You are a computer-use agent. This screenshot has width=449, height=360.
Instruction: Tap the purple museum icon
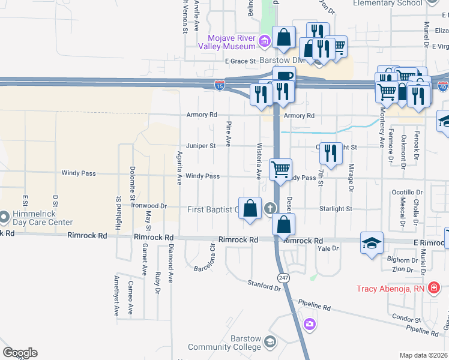coord(264,42)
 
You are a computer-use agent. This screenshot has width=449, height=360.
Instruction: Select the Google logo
coord(20,353)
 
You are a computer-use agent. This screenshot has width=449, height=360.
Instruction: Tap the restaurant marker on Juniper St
coord(330,153)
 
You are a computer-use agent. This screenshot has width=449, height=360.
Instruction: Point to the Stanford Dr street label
coord(264,285)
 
